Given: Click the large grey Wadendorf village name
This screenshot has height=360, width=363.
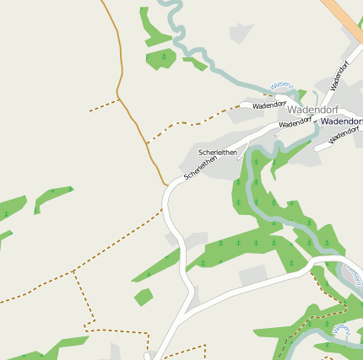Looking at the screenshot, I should (x=312, y=110).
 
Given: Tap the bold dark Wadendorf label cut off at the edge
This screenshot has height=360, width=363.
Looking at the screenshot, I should (x=341, y=121).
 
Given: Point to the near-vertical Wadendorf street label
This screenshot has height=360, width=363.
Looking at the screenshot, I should (x=339, y=76).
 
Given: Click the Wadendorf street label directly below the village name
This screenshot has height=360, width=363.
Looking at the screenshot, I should (x=295, y=123).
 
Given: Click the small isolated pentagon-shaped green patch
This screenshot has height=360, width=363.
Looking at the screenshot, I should (x=143, y=297).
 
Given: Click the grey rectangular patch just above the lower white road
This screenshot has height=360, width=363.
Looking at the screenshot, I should (x=252, y=275).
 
